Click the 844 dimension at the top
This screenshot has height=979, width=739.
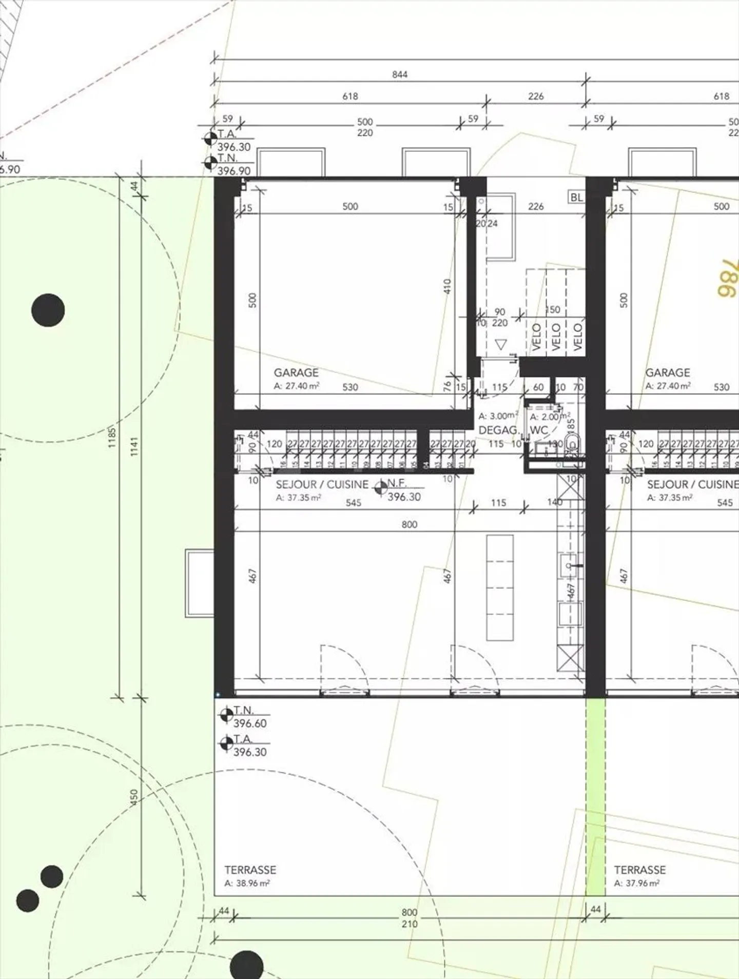coord(399,74)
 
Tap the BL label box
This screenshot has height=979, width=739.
coord(576,198)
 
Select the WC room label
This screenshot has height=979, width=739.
coord(538,430)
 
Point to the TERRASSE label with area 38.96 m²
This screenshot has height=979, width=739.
coord(250,870)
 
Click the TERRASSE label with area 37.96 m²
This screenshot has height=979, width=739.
coord(639,870)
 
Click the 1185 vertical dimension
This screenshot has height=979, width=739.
coord(112,438)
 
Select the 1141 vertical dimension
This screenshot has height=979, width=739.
coord(134,446)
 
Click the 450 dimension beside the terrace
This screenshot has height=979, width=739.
coord(134,796)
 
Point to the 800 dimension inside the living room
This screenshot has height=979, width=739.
coord(409,524)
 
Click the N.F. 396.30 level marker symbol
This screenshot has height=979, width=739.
coord(381,488)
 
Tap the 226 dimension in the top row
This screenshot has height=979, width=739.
coord(535,96)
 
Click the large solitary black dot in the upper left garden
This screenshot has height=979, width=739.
coord(48,310)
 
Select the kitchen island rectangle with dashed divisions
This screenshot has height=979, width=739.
coord(499,588)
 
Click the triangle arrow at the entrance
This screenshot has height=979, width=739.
coord(501,345)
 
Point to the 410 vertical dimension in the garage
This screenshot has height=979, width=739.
coord(446,286)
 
